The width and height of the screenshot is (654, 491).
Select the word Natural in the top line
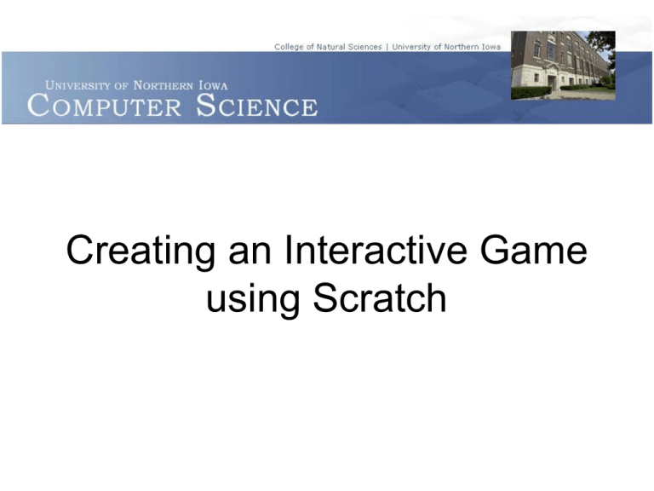(336, 47)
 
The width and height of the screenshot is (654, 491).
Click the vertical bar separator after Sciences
(387, 47)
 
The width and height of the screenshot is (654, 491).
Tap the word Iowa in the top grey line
(490, 47)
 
